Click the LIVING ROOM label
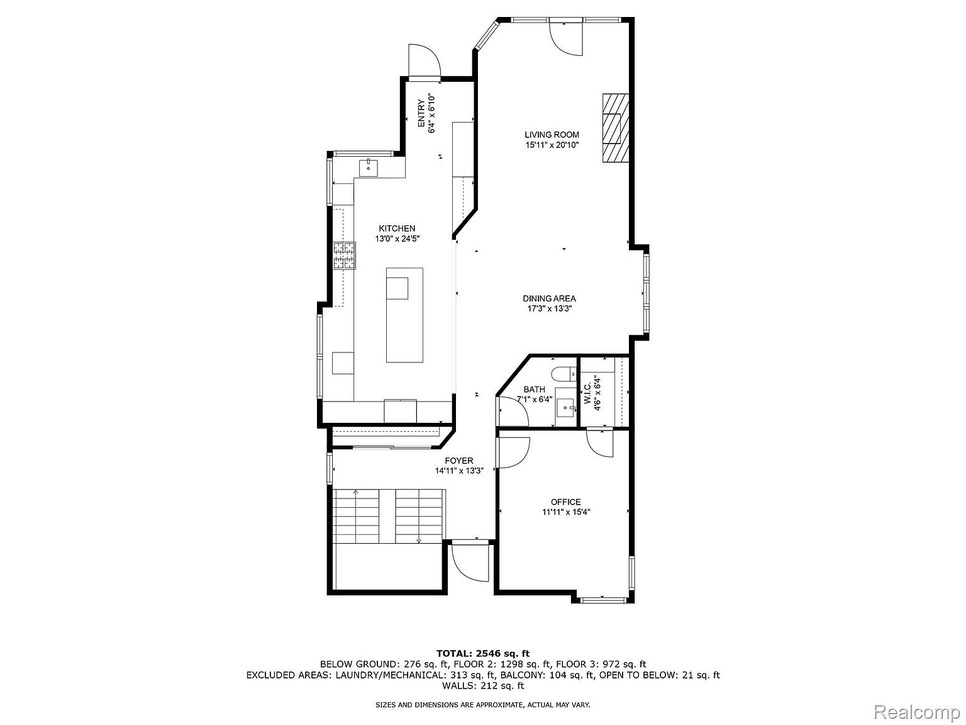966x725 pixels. click(x=552, y=135)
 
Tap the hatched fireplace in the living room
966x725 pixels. click(x=615, y=128)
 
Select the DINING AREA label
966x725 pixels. click(x=549, y=298)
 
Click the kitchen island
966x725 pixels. click(x=404, y=315)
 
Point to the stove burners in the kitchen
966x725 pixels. click(x=344, y=256)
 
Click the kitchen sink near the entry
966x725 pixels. click(x=369, y=168)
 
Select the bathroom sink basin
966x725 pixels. click(x=565, y=408)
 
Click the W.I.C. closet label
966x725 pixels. click(x=587, y=393)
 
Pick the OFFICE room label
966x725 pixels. click(x=565, y=502)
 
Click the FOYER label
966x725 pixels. click(x=459, y=461)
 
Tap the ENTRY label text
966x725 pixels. click(x=421, y=114)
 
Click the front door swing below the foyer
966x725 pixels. click(x=470, y=563)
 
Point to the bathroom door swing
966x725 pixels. click(x=513, y=412)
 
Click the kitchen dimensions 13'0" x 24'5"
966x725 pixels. click(x=397, y=239)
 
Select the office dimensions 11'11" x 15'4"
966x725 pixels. click(x=566, y=512)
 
